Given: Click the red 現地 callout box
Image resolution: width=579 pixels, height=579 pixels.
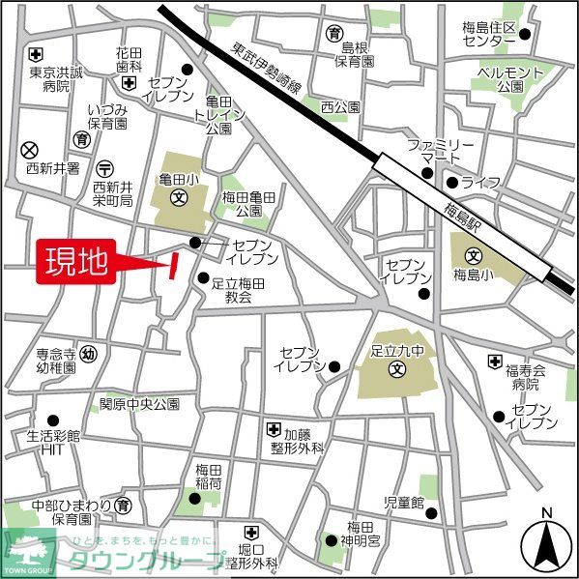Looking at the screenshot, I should coord(77,263).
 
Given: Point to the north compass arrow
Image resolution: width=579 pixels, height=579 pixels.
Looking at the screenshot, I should coord(545,543).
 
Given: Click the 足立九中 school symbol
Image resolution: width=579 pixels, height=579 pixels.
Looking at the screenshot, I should coord(396,370).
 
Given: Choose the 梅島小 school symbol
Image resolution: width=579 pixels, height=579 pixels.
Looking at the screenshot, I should coord(474,257).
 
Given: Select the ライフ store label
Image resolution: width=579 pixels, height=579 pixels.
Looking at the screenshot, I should coord(480,183).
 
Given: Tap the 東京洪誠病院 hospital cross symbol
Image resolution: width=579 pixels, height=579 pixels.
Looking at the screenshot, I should coord(36,53).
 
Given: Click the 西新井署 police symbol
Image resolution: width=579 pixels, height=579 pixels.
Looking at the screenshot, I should coord(29,149).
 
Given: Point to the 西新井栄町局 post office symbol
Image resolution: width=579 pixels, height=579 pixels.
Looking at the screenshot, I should coord(105,166).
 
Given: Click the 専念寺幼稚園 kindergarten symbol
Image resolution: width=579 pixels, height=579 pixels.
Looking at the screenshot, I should coord(88,353).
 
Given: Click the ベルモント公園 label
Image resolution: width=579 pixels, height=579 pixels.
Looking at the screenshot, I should coord(511,80).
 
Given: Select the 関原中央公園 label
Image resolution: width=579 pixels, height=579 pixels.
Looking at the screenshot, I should coord(140,403).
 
